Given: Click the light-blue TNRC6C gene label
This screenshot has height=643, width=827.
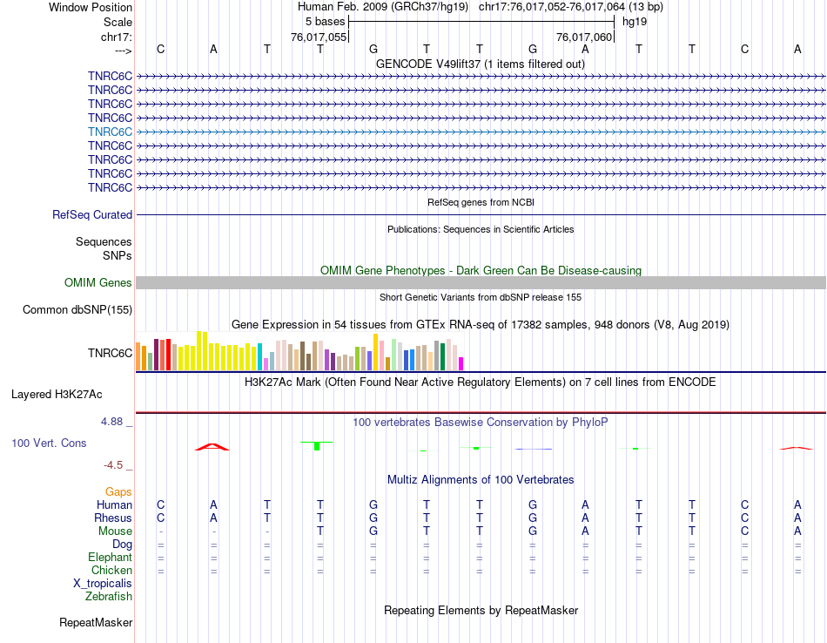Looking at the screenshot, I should click(110, 132).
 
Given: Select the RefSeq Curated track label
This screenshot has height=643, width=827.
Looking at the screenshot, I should click(92, 214).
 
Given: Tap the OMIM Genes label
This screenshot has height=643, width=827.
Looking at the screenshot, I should click(98, 282).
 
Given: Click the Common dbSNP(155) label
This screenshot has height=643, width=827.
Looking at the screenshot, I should click(77, 309).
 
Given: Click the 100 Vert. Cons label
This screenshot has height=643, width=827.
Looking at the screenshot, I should click(49, 443).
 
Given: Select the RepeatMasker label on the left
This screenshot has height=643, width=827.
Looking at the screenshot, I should click(96, 623).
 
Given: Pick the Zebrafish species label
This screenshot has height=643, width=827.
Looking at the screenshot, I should click(109, 597).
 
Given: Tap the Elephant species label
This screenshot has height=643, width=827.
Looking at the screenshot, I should click(110, 557).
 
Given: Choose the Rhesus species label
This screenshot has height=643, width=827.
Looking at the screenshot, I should click(113, 518).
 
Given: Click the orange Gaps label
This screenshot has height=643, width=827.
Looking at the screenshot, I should click(118, 491).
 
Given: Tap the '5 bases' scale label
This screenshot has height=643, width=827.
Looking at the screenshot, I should click(326, 21).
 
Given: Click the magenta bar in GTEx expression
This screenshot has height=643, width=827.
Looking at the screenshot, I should click(461, 363).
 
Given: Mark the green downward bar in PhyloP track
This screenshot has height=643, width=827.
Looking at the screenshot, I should click(317, 446).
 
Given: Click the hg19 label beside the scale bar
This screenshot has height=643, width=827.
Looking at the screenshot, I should click(635, 21).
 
